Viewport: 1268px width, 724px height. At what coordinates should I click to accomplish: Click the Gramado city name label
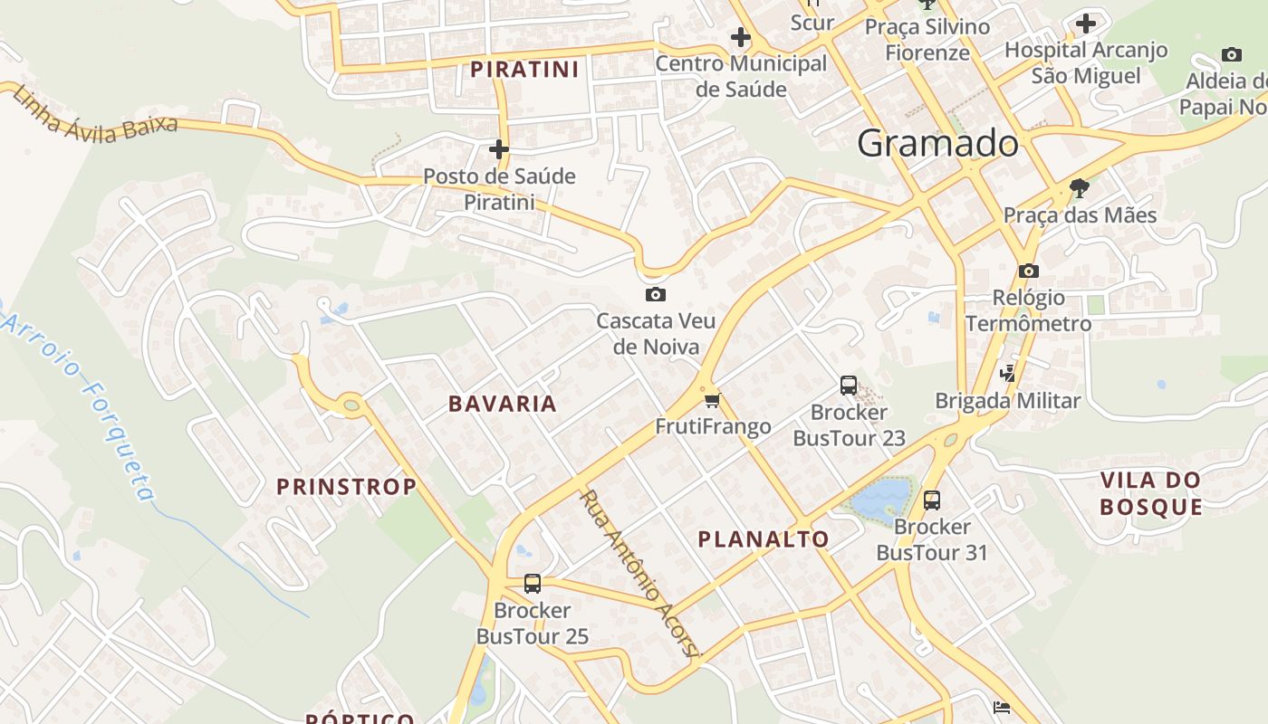click(937, 144)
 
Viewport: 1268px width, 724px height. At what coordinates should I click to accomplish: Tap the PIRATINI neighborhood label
click(524, 70)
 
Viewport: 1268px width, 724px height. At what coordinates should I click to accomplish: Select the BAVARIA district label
click(503, 404)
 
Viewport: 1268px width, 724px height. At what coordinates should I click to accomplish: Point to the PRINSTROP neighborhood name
click(346, 487)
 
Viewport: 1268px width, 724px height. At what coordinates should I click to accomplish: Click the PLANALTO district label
click(764, 539)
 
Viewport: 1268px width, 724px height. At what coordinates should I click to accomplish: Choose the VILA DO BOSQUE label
click(1151, 493)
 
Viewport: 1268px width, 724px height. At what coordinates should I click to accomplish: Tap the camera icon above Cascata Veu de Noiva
click(656, 294)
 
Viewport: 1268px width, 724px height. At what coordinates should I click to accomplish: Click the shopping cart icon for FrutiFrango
click(712, 400)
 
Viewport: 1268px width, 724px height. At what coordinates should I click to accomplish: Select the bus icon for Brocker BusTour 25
click(533, 584)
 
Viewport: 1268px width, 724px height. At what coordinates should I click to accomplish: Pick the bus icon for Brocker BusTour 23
click(849, 386)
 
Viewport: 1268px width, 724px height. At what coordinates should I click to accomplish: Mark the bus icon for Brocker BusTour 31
click(931, 500)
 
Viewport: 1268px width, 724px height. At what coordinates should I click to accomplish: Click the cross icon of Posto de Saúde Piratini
click(499, 149)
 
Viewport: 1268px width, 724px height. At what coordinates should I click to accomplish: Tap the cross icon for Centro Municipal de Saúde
click(741, 37)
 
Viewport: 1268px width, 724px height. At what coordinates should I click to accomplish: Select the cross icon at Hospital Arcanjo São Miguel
click(1086, 24)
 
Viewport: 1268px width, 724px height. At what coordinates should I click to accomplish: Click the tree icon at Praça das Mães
click(1079, 188)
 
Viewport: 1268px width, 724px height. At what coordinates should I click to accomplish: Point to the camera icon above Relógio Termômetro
click(1028, 271)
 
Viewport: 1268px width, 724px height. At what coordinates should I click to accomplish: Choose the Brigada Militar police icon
click(1007, 373)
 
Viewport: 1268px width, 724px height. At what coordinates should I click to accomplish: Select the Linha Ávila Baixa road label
click(95, 116)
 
